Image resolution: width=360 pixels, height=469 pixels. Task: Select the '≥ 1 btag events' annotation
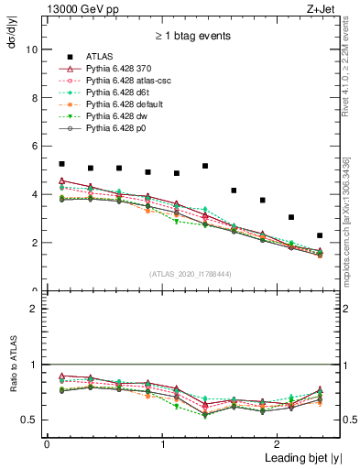191,37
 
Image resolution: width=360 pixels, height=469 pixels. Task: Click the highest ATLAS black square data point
61,164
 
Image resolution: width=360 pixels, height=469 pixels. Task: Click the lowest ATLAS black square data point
320,235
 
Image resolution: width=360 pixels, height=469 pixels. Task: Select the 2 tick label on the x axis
278,443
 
